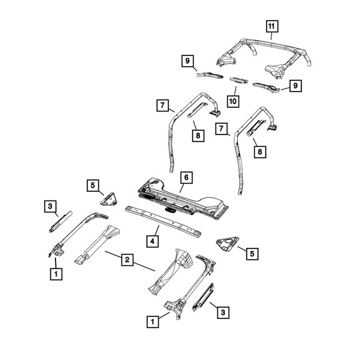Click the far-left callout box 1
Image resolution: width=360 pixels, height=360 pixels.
click(56, 272)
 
